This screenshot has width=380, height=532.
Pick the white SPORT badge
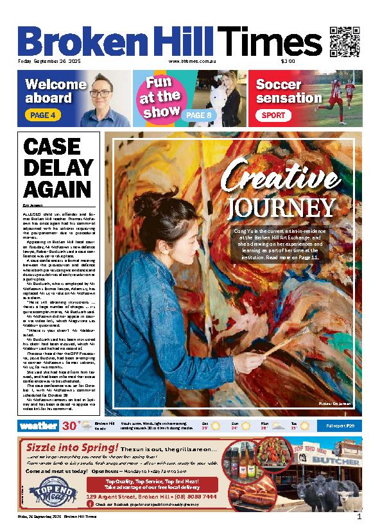271,116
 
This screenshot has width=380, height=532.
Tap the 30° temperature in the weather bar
71,425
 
